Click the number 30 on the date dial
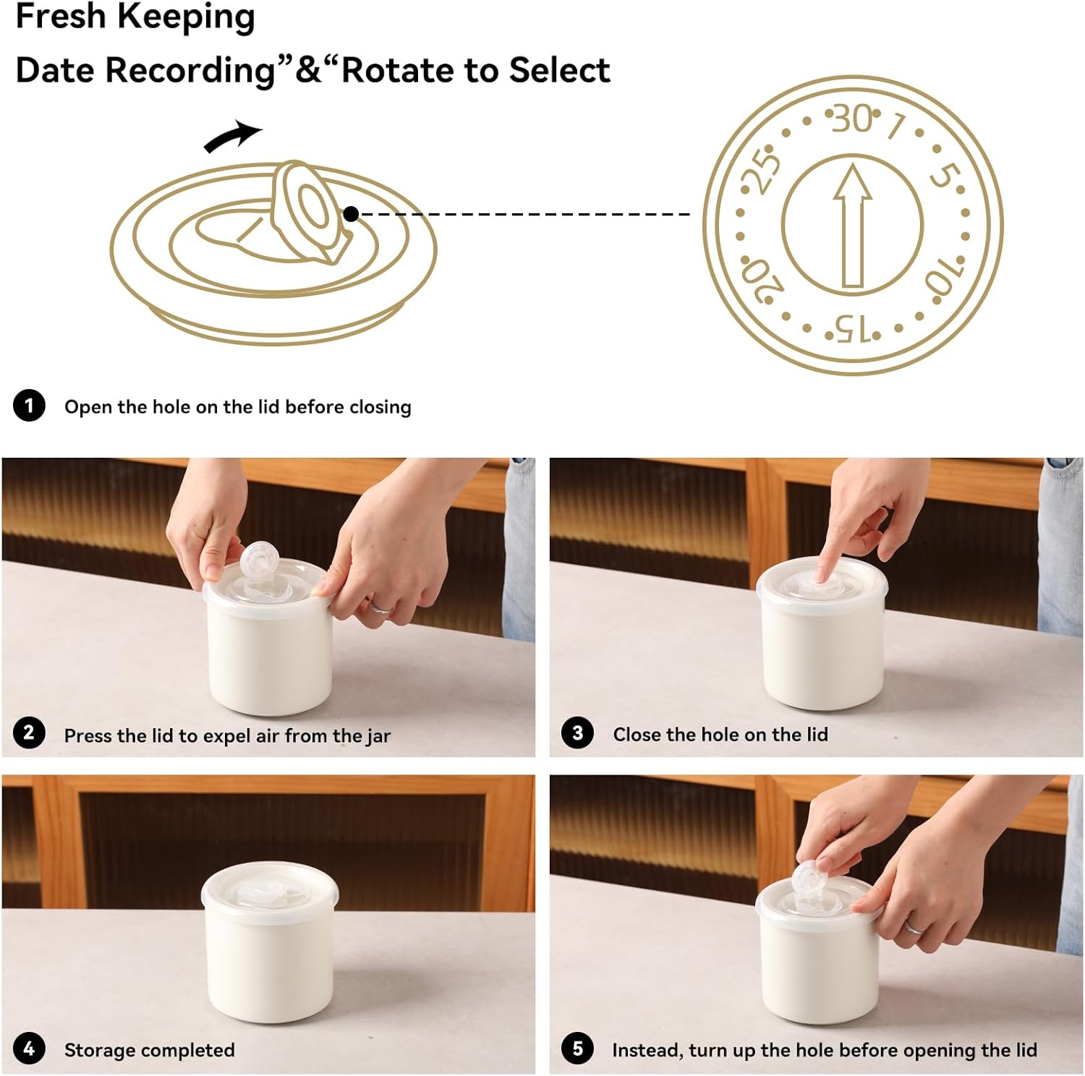pos(852,119)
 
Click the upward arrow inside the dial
pos(853,226)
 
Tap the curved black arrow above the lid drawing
pos(233,137)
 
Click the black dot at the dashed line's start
pos(352,213)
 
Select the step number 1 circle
pos(29,406)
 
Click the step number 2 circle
pos(29,733)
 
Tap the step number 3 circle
pos(577,733)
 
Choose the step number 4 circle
pos(29,1049)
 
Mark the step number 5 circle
pos(577,1049)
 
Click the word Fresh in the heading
pos(61,16)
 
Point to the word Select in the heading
pos(559,70)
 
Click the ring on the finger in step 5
pos(914,927)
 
